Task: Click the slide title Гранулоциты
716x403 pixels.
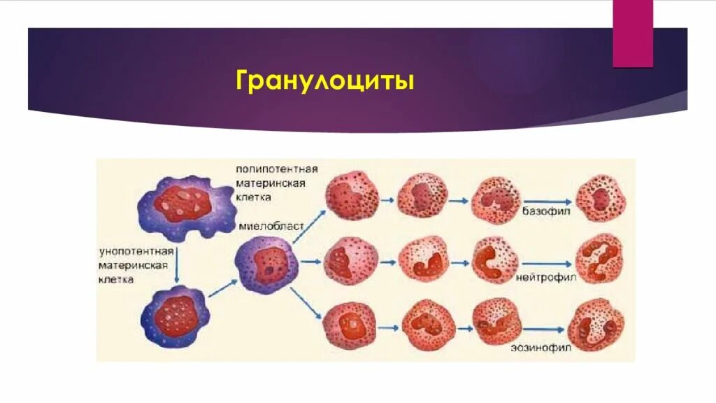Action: (x=325, y=81)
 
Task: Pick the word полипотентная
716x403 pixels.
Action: (x=277, y=169)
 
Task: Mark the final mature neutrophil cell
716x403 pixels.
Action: (x=599, y=259)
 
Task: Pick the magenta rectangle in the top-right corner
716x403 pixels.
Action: (x=633, y=34)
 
